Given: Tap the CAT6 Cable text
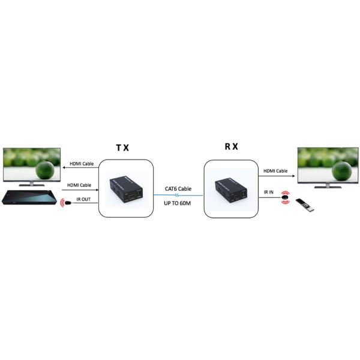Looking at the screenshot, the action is tap(178, 189).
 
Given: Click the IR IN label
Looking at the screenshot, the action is tap(269, 192).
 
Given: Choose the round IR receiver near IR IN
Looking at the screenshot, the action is tap(287, 198).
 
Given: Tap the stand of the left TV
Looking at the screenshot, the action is tap(30, 183).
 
